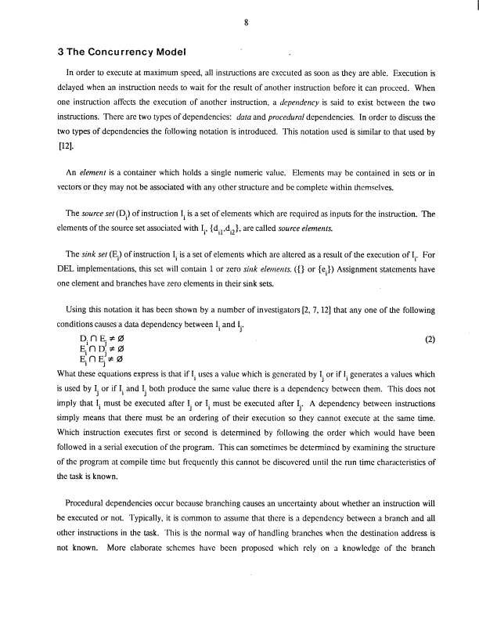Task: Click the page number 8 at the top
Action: pyautogui.click(x=246, y=23)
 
